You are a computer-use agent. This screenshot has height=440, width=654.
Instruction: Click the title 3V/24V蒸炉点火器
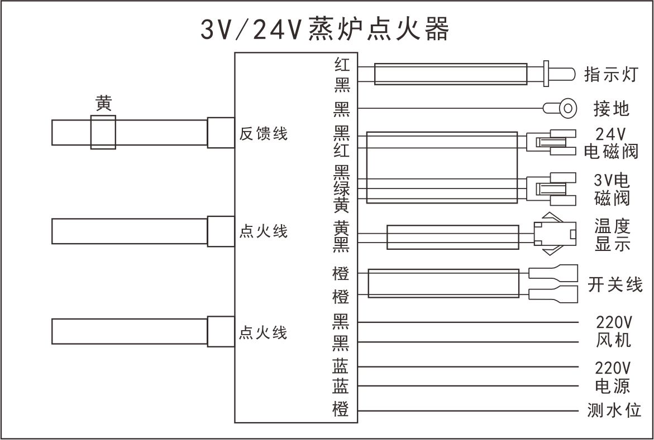coord(324,30)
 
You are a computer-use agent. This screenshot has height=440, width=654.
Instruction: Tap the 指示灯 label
coord(610,74)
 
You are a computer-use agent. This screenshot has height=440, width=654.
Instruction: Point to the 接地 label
coord(612,108)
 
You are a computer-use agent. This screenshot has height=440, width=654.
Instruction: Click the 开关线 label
coord(615,284)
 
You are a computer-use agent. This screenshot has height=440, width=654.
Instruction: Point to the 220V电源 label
coord(613,376)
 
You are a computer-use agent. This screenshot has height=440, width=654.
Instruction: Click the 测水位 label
coord(614,412)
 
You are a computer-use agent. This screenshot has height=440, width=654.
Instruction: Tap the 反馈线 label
coord(263,134)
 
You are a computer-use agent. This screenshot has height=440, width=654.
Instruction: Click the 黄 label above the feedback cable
coord(103,104)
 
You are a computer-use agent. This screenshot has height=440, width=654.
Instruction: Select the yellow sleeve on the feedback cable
coord(103,133)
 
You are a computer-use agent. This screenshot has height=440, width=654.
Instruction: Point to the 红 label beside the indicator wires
coord(341,65)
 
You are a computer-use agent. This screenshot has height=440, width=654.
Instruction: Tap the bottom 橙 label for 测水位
coord(341,410)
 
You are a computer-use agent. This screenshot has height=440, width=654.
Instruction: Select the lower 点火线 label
coord(263,333)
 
